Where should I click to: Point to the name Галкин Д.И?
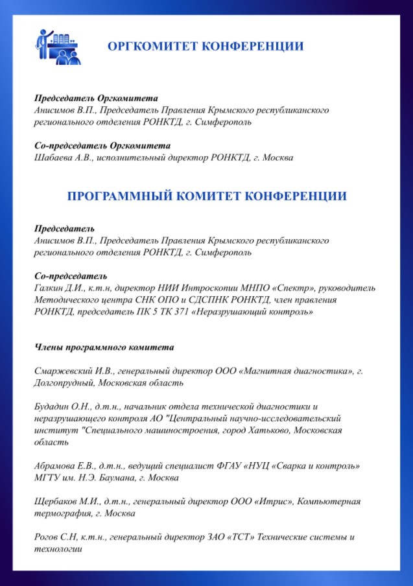click(x=54, y=288)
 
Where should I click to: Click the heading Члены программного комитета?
click(x=104, y=348)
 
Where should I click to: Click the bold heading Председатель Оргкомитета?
click(x=96, y=99)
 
